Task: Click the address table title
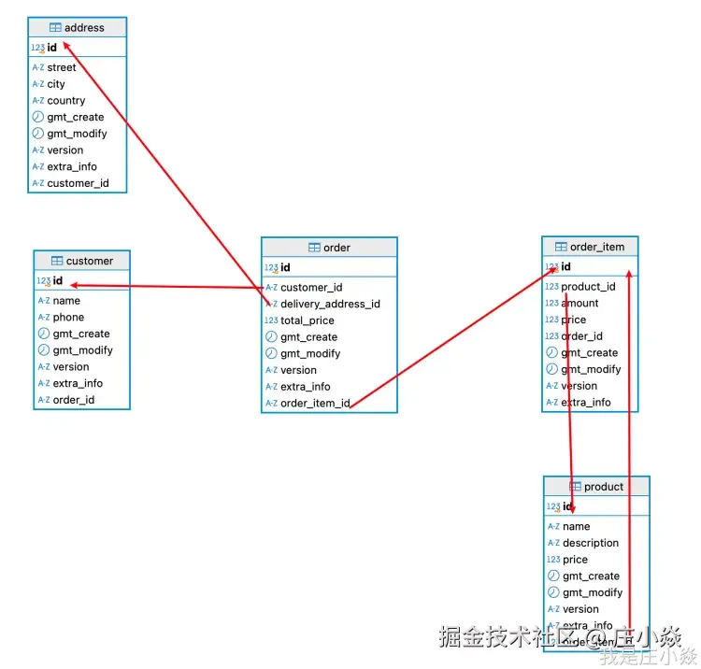(x=84, y=28)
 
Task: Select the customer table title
(x=90, y=261)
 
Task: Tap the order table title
(x=336, y=248)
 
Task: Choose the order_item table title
(x=597, y=247)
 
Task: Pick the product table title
(x=603, y=487)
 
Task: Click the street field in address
(x=62, y=67)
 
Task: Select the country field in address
(x=66, y=101)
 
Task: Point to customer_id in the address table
(x=78, y=183)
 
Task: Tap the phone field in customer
(x=68, y=318)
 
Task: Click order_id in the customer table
(x=74, y=400)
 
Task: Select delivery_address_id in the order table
(x=330, y=304)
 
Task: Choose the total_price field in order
(x=308, y=320)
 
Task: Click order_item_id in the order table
(x=315, y=404)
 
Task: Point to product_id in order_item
(x=588, y=287)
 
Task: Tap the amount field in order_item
(x=579, y=304)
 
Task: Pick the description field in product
(x=591, y=543)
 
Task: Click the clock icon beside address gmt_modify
(x=38, y=134)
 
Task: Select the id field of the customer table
(x=58, y=280)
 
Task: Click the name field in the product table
(x=577, y=527)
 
